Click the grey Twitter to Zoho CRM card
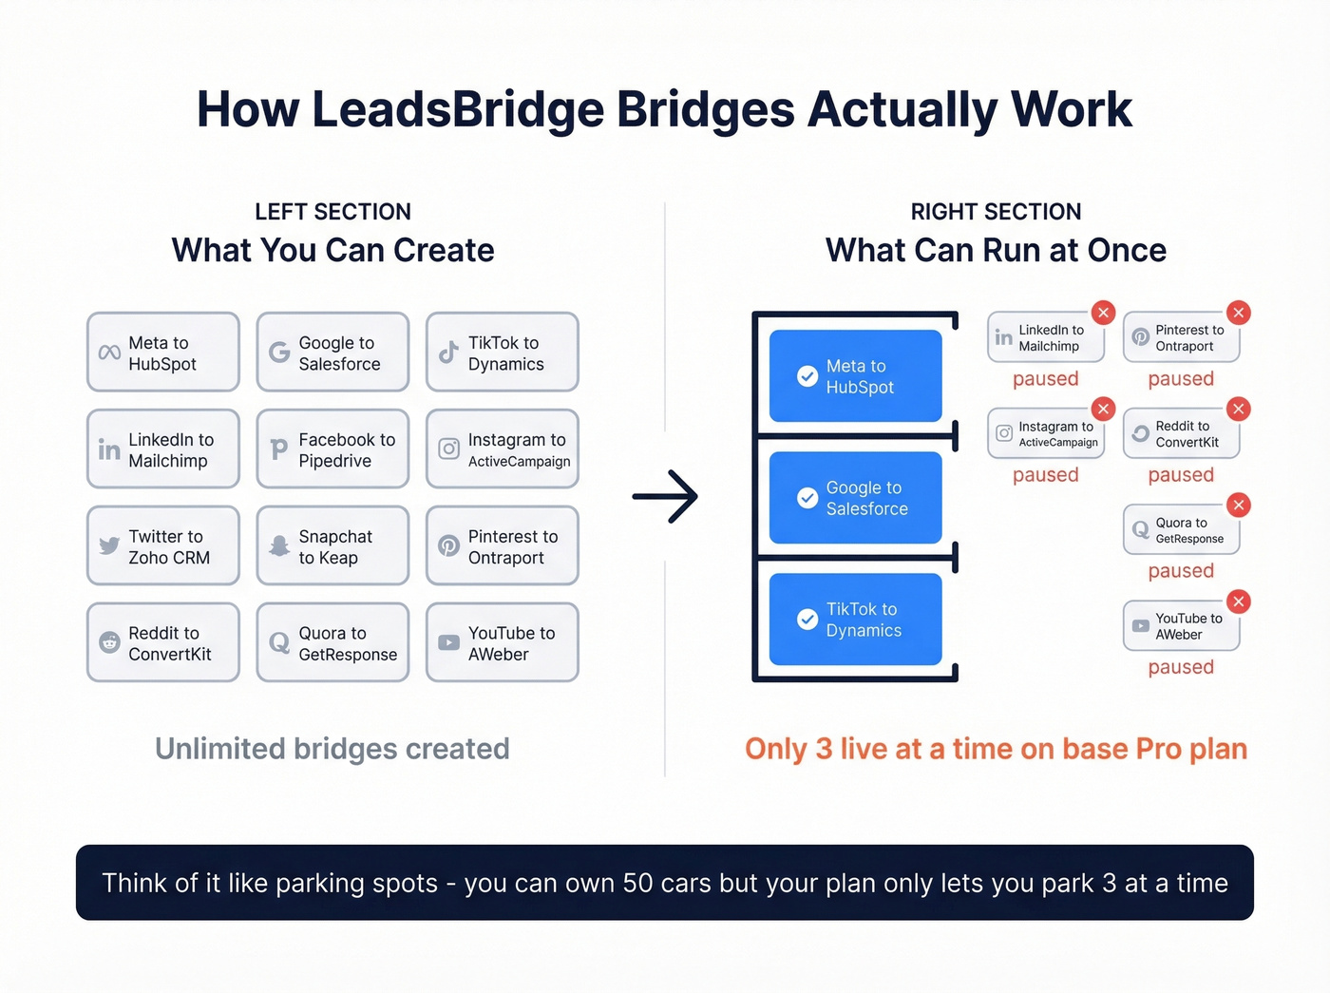[x=162, y=546]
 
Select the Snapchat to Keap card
[x=332, y=546]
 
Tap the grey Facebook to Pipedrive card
[x=332, y=449]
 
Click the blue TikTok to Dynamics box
[x=855, y=620]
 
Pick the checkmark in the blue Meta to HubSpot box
[x=807, y=376]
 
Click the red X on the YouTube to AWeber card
[x=1238, y=602]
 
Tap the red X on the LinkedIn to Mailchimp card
[x=1103, y=313]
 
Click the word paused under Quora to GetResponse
[x=1181, y=571]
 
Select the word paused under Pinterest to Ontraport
[x=1181, y=379]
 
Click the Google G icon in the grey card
[x=279, y=353]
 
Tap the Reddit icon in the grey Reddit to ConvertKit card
[x=110, y=643]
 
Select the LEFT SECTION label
[x=332, y=212]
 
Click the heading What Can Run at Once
[x=996, y=251]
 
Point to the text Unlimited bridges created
[x=332, y=749]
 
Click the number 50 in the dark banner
[x=639, y=883]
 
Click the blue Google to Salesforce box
[x=855, y=498]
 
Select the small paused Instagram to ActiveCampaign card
[x=1046, y=434]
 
